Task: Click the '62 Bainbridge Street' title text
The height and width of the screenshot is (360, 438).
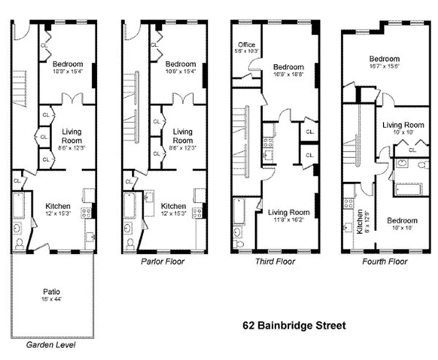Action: pos(295,325)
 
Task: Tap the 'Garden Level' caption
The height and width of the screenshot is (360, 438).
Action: pos(50,346)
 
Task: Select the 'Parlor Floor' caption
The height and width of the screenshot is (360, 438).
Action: pos(162,261)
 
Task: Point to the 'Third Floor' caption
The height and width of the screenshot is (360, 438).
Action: pos(275,261)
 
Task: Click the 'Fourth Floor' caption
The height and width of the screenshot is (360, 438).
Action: pos(385,261)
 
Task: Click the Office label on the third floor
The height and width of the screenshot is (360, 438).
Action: pos(246,45)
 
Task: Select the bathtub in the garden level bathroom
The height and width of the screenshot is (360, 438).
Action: pos(18,205)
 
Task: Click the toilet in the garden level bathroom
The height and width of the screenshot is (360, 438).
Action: pos(19,243)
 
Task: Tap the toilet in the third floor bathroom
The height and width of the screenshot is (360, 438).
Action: pos(238,243)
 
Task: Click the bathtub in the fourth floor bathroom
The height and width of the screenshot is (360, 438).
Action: pos(408,189)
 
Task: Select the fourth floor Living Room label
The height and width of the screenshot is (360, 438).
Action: pos(403,125)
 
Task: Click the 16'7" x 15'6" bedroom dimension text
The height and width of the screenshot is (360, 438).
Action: pos(384,65)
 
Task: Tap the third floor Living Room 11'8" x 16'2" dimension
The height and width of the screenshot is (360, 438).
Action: pos(289,219)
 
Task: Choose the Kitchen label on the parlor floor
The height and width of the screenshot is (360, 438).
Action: pos(173,206)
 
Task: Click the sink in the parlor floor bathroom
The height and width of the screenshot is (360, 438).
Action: pos(130,228)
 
